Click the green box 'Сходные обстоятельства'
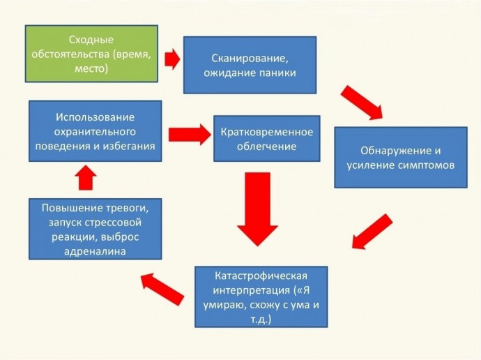click(91, 54)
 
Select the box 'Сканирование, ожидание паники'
click(250, 65)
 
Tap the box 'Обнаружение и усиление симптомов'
click(401, 158)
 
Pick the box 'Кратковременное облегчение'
click(266, 138)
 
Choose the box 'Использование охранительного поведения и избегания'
click(95, 131)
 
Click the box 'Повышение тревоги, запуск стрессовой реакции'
click(95, 229)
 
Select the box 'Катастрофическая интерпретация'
click(261, 297)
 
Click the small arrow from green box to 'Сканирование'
click(172, 59)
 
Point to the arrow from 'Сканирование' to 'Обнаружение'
click(362, 103)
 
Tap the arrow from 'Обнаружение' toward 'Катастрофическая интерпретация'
click(372, 232)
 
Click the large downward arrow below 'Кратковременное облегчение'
click(257, 209)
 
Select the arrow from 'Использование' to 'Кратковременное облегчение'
click(190, 135)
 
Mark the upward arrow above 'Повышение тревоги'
click(86, 178)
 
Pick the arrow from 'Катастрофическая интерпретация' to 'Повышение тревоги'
click(162, 289)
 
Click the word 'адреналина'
click(95, 251)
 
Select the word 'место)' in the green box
click(91, 68)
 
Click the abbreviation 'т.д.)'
click(261, 320)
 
